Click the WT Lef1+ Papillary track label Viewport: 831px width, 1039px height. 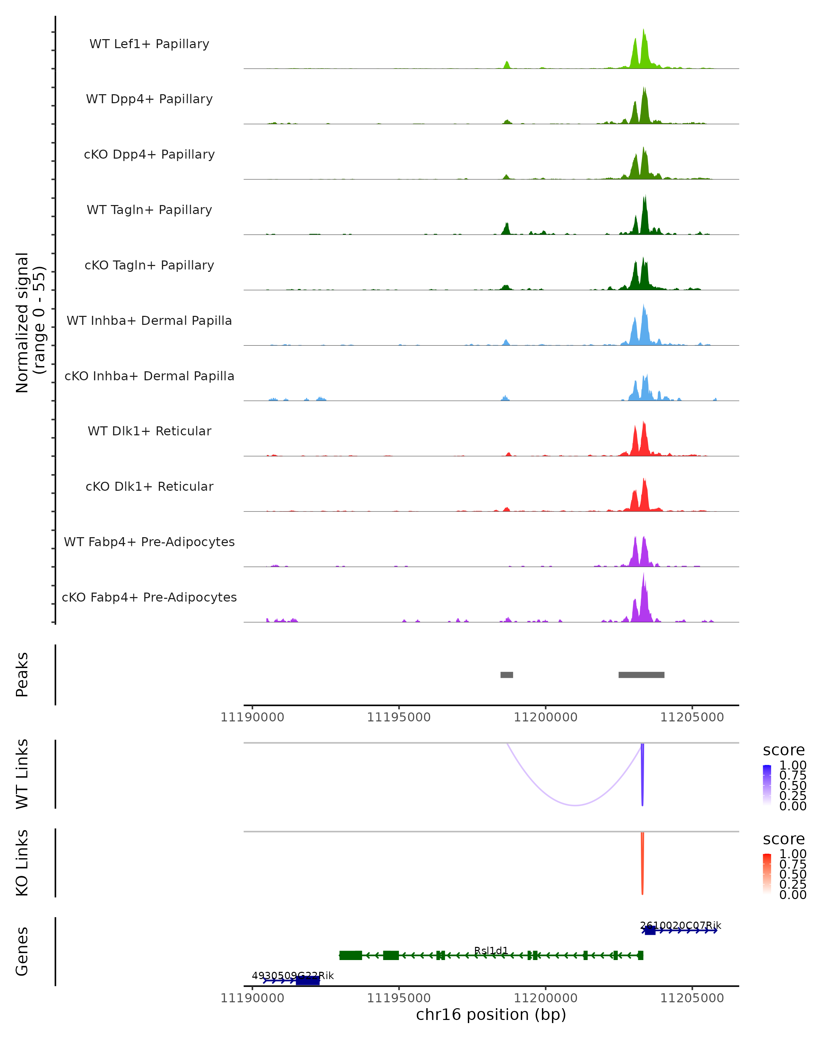149,44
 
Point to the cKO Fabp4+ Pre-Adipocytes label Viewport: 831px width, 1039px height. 149,597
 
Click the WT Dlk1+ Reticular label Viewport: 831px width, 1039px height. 149,431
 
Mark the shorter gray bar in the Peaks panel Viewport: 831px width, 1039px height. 507,675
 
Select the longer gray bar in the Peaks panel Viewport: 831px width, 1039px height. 641,675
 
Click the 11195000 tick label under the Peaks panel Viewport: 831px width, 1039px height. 399,717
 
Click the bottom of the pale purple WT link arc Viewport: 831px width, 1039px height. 575,805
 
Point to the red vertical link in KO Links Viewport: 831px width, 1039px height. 642,863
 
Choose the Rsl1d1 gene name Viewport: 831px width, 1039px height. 491,950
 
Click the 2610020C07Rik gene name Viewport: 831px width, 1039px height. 680,925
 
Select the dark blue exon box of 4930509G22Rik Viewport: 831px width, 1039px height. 308,981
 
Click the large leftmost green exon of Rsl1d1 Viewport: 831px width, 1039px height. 351,955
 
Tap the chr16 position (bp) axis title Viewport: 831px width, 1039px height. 491,1014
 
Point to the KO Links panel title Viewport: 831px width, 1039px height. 22,863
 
